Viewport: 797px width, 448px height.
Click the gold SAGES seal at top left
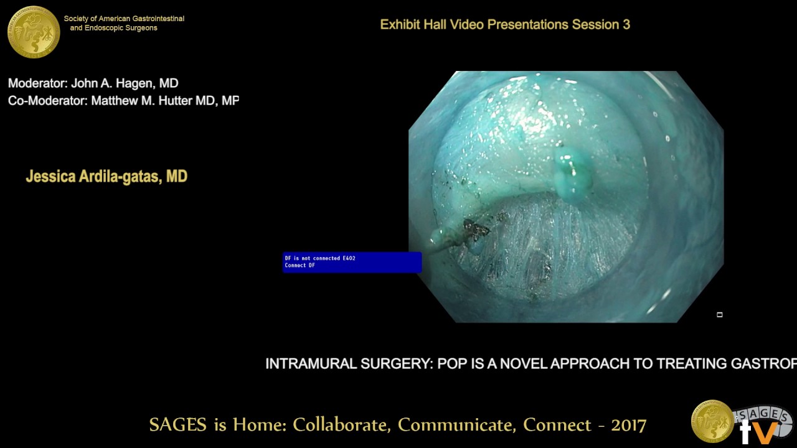[34, 32]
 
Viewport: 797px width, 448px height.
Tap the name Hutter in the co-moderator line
[174, 101]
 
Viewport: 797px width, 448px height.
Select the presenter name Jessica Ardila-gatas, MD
[106, 177]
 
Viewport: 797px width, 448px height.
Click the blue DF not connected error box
[352, 262]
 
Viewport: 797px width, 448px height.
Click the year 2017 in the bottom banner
[628, 425]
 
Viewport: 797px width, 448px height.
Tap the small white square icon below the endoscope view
[719, 315]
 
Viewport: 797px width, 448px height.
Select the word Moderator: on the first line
[37, 83]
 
